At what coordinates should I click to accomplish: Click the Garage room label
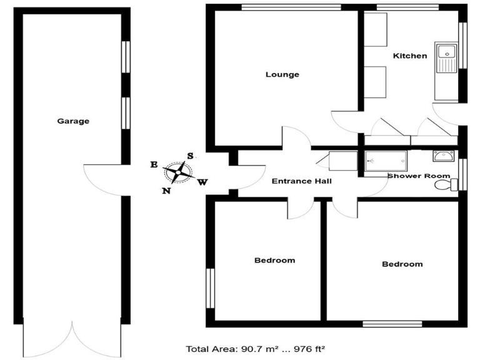(73, 121)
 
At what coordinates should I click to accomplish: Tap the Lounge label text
(282, 74)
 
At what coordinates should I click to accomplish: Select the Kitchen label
(410, 56)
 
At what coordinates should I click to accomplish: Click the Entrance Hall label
(301, 181)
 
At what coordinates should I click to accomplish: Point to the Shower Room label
(419, 176)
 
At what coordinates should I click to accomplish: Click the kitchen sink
(447, 59)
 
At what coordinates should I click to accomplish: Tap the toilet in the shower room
(444, 184)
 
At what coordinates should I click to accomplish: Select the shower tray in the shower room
(385, 161)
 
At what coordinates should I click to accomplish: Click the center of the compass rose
(178, 171)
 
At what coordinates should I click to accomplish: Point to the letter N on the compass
(166, 191)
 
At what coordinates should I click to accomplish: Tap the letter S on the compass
(191, 156)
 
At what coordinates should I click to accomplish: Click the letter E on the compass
(153, 164)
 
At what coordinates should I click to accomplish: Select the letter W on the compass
(202, 182)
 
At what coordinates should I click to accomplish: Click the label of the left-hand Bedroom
(274, 260)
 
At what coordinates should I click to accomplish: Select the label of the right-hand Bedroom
(402, 264)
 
